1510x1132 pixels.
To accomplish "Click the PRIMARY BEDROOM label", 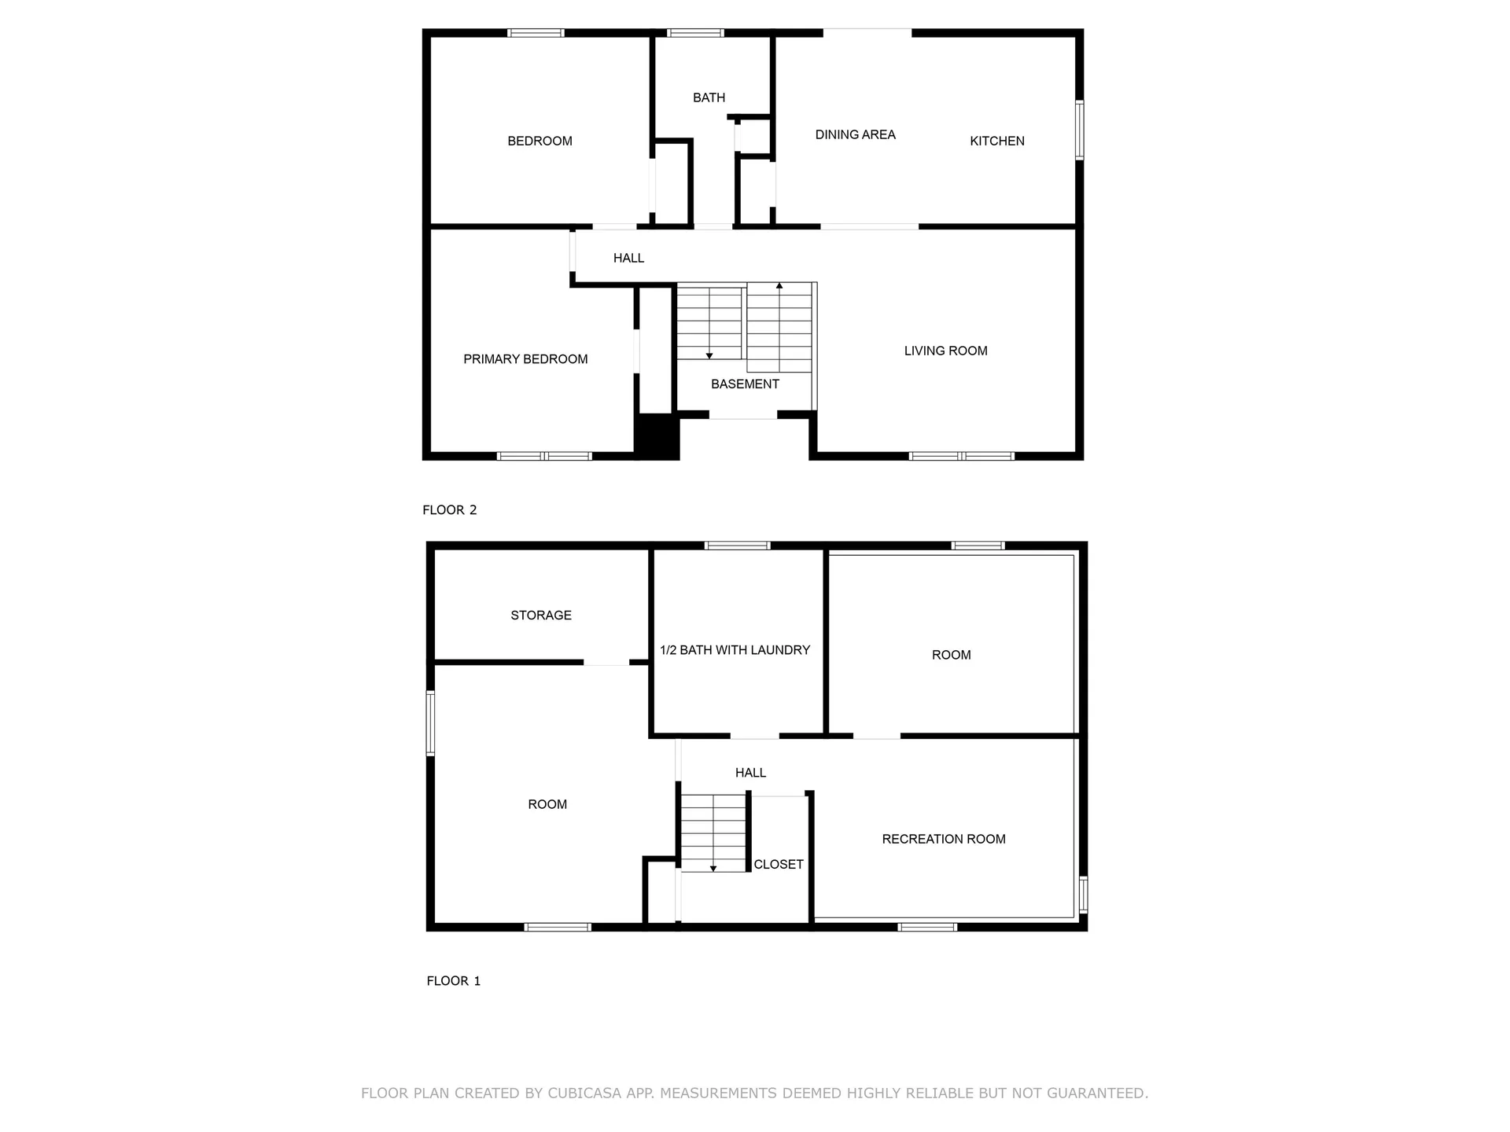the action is [x=525, y=359].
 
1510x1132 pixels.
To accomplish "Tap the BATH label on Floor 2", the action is [x=709, y=97].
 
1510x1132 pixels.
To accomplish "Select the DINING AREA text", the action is [x=855, y=134].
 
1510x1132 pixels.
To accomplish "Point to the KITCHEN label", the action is [x=996, y=141].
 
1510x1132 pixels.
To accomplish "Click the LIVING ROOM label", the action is [x=945, y=351].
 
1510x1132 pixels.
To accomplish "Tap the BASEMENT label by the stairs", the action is [x=745, y=384].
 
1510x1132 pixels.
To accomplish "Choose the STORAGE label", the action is [x=541, y=615].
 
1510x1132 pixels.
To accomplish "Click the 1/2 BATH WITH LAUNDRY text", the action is [x=735, y=650].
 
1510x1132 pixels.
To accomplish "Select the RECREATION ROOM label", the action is [x=944, y=839].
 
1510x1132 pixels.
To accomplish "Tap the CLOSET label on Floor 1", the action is [x=779, y=864].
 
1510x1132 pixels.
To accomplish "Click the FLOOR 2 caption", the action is [x=450, y=509].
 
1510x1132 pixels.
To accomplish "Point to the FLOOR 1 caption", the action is [x=454, y=980].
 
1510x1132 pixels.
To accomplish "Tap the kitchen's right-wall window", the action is [x=1080, y=130].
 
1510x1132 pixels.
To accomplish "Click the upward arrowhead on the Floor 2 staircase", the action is [x=779, y=285].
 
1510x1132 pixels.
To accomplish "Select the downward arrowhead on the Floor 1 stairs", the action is [x=713, y=869].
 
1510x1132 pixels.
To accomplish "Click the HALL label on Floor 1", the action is [x=750, y=773].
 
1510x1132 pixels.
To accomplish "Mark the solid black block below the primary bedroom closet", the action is [x=657, y=436].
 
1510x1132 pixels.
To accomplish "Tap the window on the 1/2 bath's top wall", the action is [x=737, y=546].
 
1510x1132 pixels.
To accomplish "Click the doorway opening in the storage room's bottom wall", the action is [x=606, y=662].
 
